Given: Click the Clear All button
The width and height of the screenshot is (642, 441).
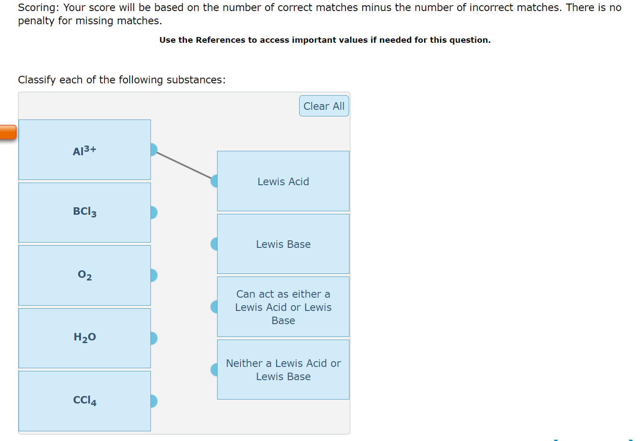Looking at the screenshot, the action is tap(324, 106).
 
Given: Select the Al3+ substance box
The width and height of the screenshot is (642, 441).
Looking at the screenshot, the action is tap(85, 150).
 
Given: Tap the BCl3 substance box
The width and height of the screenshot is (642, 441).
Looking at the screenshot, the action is tap(85, 213).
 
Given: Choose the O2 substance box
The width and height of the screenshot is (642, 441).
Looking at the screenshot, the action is tap(85, 276).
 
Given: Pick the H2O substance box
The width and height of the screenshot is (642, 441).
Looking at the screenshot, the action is tap(85, 338).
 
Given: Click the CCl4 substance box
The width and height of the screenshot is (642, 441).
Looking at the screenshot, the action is tap(85, 401).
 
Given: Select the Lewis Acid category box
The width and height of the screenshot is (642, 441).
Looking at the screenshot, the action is tap(283, 181).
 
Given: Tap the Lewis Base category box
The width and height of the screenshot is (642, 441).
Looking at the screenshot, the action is tap(283, 244).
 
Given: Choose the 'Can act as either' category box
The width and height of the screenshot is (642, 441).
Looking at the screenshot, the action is tap(283, 306).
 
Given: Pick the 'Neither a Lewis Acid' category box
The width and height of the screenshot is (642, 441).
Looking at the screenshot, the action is tap(283, 370).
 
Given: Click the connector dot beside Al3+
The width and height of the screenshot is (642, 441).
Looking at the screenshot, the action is tap(154, 150).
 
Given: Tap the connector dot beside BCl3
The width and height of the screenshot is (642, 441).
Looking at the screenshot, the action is tap(154, 213).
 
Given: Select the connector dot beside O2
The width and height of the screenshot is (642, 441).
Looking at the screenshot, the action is tap(154, 276).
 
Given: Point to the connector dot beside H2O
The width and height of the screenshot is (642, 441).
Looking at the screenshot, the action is tap(154, 338).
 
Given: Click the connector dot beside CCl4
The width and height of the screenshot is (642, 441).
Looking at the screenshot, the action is tap(154, 401).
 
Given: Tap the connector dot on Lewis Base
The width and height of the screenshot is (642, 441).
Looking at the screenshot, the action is tap(214, 244).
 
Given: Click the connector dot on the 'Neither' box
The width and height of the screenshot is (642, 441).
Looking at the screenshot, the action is tap(214, 370).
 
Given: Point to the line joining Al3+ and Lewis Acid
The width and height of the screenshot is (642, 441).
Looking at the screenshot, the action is tap(184, 165).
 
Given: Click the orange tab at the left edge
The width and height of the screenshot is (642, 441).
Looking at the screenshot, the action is tap(8, 132).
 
